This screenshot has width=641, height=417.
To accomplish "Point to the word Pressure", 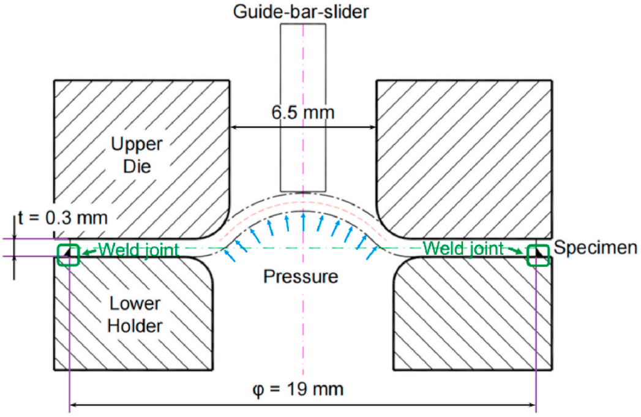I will pos(301,277).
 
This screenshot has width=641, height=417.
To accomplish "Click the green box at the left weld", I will pos(69,254).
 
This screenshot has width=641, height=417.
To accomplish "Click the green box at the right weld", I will pos(539,254).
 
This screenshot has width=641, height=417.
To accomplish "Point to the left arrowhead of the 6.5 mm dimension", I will pos(233,127).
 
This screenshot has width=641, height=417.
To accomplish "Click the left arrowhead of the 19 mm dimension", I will pos(73,404).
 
